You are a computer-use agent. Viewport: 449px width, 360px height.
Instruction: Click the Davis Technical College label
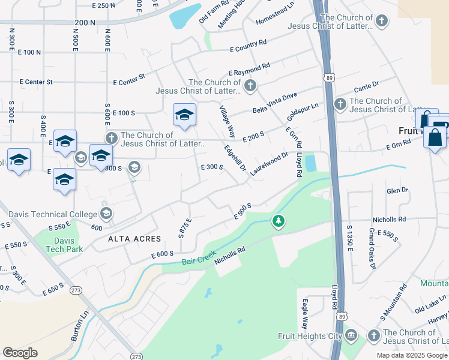pyautogui.click(x=52, y=214)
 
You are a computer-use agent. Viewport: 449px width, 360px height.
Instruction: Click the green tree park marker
pyautogui.click(x=278, y=221)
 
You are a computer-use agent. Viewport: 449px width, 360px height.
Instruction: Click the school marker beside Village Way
pyautogui.click(x=184, y=115)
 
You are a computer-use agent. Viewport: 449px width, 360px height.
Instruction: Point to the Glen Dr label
pyautogui.click(x=397, y=191)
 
